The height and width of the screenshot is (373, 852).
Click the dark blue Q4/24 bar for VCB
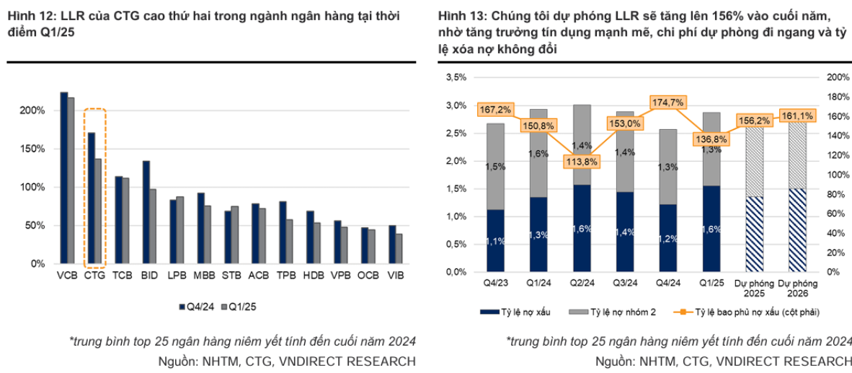coord(63,178)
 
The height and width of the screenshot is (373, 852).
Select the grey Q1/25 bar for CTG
coord(98,211)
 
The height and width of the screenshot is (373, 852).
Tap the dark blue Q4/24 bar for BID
coord(146,212)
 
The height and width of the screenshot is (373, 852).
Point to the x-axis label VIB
coord(396,276)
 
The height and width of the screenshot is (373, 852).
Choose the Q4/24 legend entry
coord(199,307)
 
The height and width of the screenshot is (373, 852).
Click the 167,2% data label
coord(494,110)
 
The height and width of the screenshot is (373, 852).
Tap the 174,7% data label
coord(667,102)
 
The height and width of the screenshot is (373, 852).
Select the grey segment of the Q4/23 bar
coord(494,167)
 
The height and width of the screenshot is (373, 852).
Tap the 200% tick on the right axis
coord(837,77)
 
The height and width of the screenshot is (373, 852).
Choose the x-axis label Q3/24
coord(624,284)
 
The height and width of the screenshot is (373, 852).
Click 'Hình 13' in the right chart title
coord(458,16)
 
